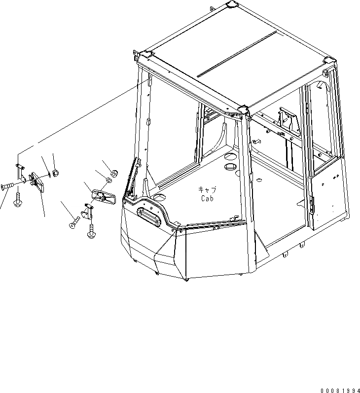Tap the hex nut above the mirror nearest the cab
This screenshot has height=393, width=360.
tap(114, 173)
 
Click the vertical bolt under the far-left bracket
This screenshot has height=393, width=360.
tap(18, 200)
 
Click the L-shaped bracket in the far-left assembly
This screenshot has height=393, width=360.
tap(19, 171)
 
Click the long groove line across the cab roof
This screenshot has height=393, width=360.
tap(236, 54)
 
